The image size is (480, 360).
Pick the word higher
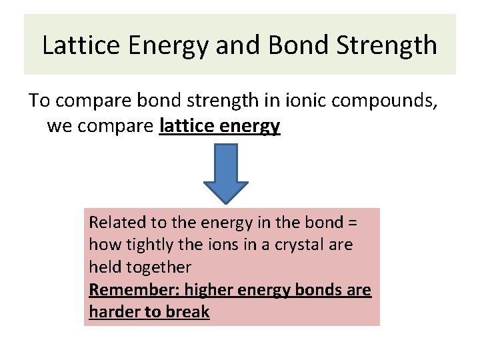point(210,290)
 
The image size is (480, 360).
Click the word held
point(103,267)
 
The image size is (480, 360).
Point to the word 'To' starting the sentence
point(39,101)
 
